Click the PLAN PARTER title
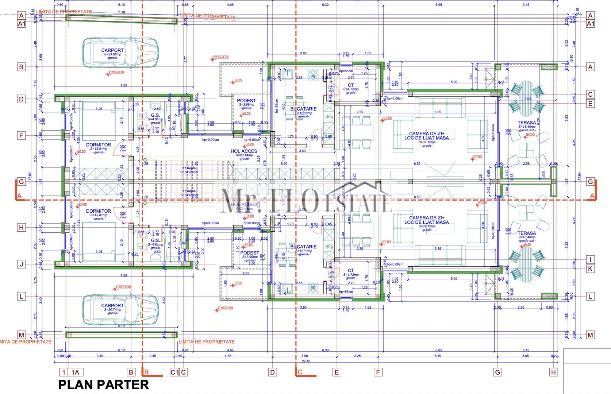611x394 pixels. click(104, 385)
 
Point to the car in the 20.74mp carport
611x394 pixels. click(120, 310)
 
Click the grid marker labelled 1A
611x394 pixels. click(75, 372)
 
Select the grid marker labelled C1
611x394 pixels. click(174, 372)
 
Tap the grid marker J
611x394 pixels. click(21, 264)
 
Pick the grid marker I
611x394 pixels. click(590, 260)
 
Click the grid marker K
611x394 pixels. click(590, 269)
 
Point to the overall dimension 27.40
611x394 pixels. click(306, 361)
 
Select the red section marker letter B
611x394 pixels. click(146, 372)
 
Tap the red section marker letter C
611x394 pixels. click(300, 372)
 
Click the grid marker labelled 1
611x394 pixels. click(64, 372)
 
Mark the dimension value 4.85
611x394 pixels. click(228, 356)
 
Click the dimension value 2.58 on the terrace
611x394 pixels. click(526, 163)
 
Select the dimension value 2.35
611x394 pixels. click(153, 356)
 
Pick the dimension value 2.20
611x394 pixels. click(521, 308)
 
